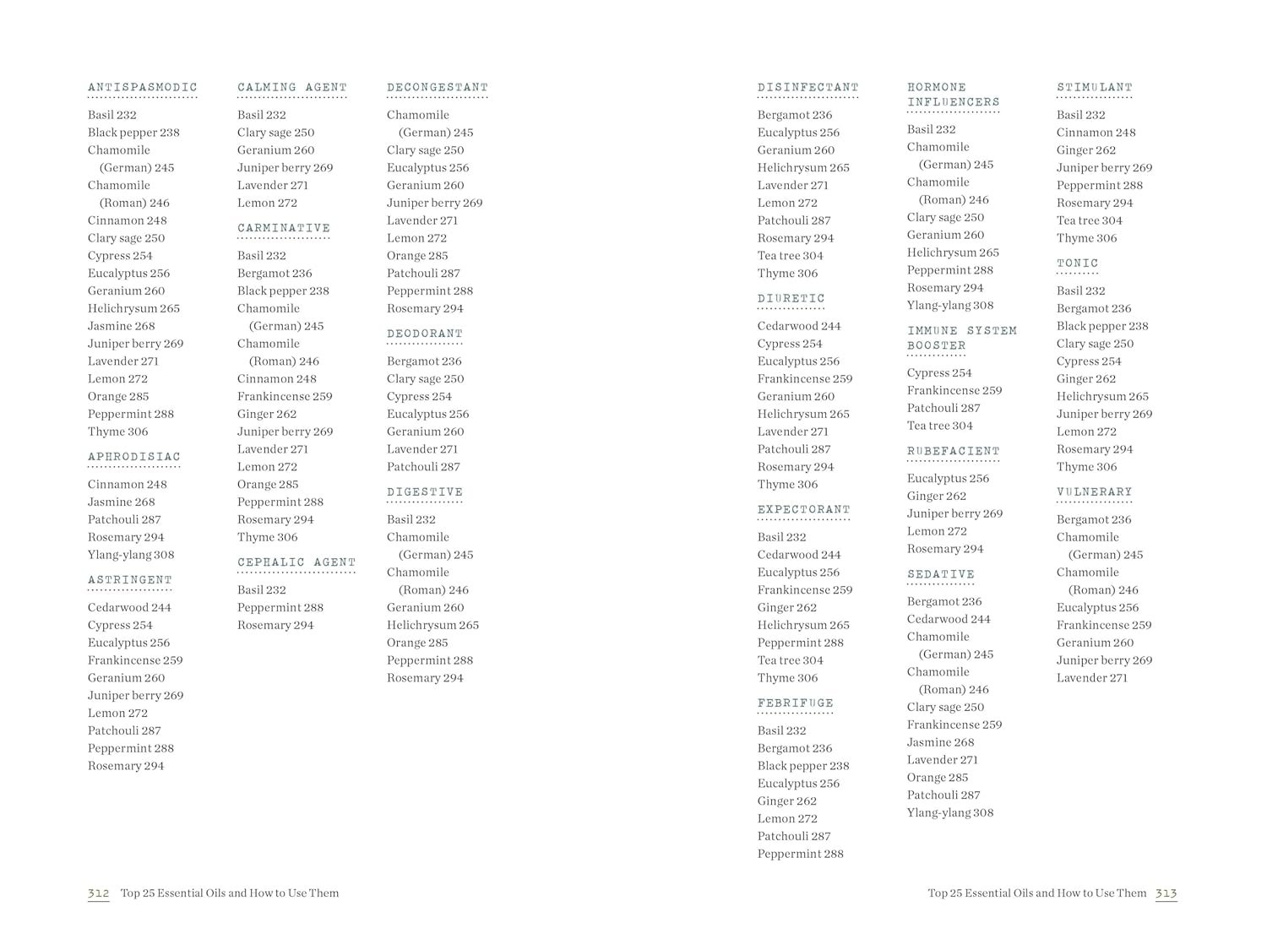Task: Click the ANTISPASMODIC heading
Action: [142, 87]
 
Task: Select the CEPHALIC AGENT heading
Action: [296, 562]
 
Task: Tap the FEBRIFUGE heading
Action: [795, 703]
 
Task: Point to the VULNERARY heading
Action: [1094, 491]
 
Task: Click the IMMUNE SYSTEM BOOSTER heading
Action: [961, 338]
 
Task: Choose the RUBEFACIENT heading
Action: [953, 451]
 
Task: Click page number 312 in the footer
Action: [98, 893]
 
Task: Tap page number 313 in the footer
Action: [1166, 893]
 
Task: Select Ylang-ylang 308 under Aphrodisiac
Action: [131, 555]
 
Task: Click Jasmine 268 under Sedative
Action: [940, 742]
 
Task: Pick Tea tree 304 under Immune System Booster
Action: [939, 426]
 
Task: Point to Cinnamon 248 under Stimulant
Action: [1096, 133]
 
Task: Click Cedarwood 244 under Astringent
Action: [129, 607]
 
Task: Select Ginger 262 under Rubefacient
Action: [936, 496]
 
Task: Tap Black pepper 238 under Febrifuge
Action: [802, 766]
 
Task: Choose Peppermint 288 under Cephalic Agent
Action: [280, 607]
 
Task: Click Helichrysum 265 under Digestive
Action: [432, 625]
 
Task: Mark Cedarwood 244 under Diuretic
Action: [799, 326]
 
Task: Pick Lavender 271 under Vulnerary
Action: [1091, 678]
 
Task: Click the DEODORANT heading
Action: [425, 334]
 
